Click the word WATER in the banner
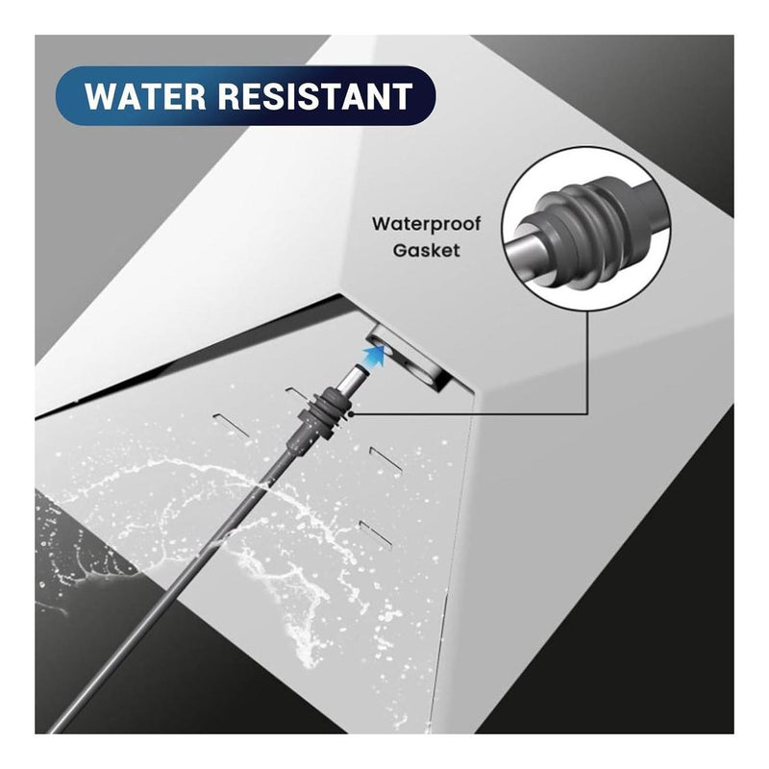coord(145,96)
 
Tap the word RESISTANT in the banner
coord(315,96)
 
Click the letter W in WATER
coord(100,96)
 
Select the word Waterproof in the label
coord(426,224)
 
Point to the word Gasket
coord(426,251)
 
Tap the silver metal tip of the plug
coord(357,377)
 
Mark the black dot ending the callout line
coord(352,414)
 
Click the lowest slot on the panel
coord(376,533)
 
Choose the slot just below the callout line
coord(386,461)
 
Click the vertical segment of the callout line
coord(587,362)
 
